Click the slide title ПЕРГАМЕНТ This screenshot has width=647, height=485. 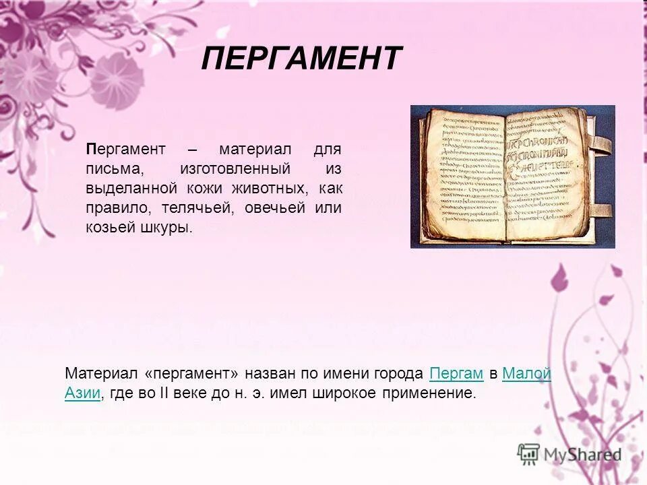tap(301, 59)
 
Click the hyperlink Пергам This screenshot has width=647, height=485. tap(456, 374)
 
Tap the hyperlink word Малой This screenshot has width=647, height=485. tap(527, 374)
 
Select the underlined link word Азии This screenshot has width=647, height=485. tap(82, 394)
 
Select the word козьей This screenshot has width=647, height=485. tap(108, 228)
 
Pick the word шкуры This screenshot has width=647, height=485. tap(166, 228)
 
